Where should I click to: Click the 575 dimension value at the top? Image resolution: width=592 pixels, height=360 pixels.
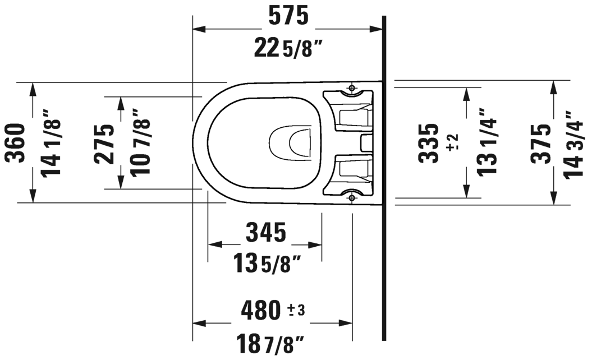coord(288,16)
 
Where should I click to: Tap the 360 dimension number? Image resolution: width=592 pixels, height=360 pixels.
coord(15,142)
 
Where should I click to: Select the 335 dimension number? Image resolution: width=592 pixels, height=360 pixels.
coord(429,142)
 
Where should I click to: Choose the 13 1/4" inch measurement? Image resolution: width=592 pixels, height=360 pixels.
coord(487,142)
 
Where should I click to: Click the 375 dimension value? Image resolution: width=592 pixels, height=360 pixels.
coord(541,142)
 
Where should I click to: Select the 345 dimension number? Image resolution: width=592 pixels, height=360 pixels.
coord(265,233)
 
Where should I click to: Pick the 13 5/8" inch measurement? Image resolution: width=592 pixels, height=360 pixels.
coord(267,264)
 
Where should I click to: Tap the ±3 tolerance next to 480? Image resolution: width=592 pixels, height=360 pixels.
coord(296,310)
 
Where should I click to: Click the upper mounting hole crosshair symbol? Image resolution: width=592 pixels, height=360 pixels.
coord(352,88)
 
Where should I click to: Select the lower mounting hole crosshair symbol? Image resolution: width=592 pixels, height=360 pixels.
coord(352,197)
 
